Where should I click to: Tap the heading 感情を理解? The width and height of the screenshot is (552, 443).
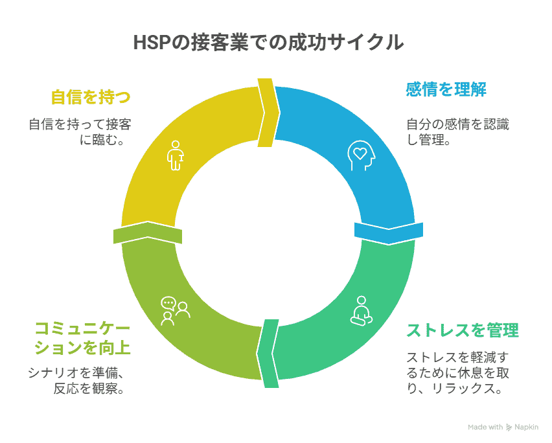(x=446, y=89)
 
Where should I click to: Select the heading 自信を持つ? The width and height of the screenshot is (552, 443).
(x=91, y=97)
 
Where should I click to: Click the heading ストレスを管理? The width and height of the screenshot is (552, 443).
(x=462, y=330)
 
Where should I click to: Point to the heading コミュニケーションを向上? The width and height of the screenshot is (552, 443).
(x=82, y=338)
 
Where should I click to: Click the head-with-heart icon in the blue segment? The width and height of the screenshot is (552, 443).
(x=360, y=155)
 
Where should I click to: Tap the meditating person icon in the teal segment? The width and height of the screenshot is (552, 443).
(x=360, y=310)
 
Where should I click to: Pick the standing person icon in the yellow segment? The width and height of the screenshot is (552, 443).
(x=174, y=155)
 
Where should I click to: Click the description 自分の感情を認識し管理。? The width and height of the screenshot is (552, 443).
(x=457, y=131)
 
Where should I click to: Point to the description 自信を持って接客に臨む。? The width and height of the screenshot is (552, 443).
(x=84, y=131)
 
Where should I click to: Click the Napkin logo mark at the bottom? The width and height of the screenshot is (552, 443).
(x=509, y=427)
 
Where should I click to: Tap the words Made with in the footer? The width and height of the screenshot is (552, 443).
(x=485, y=427)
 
